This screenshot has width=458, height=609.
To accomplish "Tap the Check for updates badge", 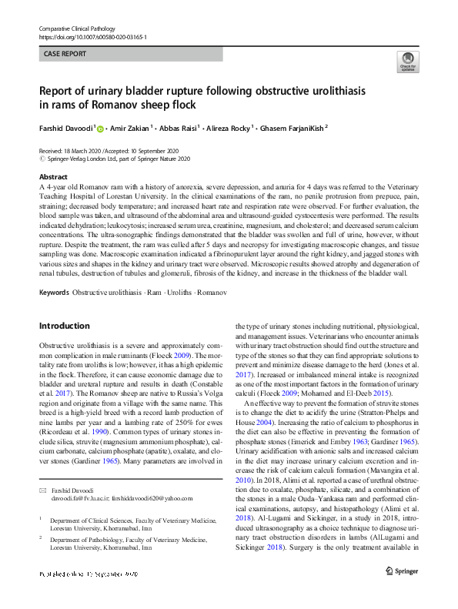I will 406,62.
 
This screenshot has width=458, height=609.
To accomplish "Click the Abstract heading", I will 52,176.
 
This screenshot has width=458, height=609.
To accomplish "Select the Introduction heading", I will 65,326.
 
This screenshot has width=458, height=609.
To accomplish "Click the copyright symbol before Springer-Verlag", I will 42,158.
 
